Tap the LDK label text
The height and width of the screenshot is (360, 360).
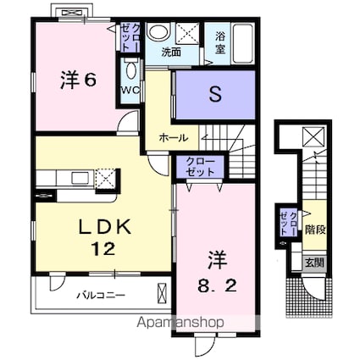coord(105,227)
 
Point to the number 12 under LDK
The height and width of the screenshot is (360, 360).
coord(102,249)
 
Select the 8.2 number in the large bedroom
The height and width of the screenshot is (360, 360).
coord(217,287)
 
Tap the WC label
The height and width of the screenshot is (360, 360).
coord(130,91)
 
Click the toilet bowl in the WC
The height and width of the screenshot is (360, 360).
coord(130,70)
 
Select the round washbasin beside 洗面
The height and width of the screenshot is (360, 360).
coord(158,32)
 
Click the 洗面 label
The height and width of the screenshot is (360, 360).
coord(171,53)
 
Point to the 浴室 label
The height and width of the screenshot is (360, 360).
coord(220,42)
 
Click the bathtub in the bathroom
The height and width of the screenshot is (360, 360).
coord(243,43)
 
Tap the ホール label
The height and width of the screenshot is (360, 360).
coord(173,138)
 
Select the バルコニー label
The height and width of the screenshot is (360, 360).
coord(101,296)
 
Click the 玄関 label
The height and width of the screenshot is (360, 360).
coord(314,263)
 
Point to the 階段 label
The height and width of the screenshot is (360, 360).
coord(315,230)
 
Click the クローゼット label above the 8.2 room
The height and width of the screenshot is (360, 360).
coord(201,167)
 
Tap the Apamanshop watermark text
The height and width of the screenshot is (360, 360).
coord(180,322)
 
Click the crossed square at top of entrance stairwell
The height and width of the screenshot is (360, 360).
coord(314,137)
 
